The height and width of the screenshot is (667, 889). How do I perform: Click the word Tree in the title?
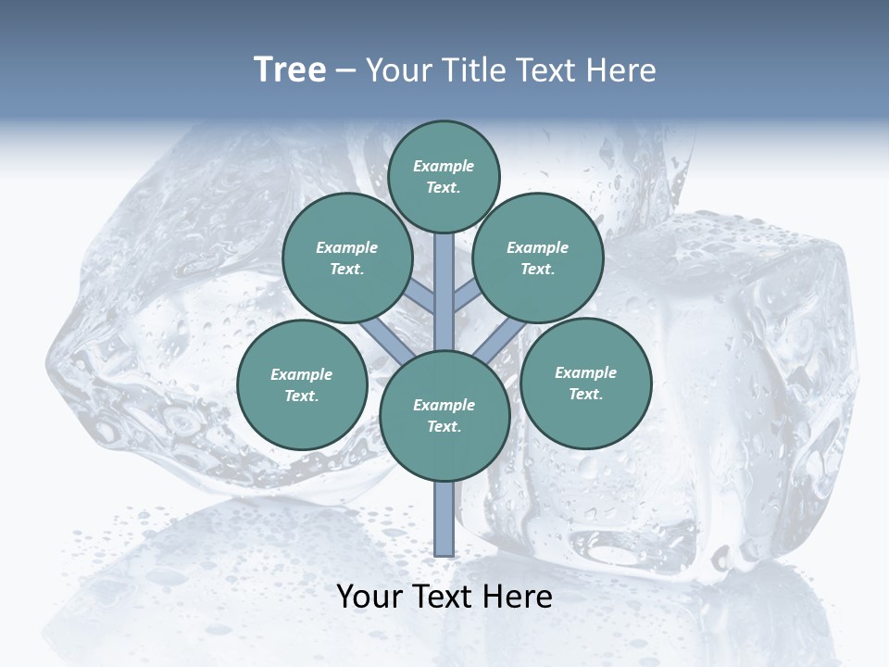point(290,70)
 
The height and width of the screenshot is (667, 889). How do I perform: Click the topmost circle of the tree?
point(444,176)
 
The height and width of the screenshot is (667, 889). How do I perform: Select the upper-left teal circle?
point(346,258)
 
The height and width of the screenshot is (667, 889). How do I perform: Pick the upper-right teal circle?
point(537,258)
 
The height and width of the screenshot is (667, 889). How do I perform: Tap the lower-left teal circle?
point(302,385)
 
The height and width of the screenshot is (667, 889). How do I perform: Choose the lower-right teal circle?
point(585,384)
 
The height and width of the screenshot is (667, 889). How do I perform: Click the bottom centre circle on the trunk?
point(444,416)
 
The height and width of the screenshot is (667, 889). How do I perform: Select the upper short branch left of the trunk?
point(420,298)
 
